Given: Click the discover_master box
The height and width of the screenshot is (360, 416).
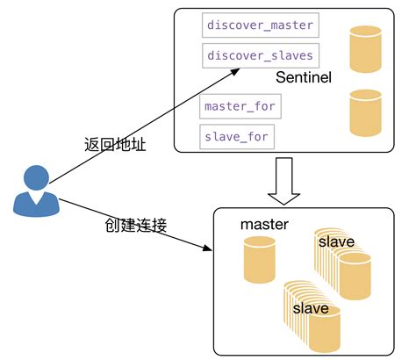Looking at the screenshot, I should coord(259,25).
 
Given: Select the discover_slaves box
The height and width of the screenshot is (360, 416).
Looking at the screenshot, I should coord(259,56).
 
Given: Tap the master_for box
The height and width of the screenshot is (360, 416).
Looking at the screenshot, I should coord(240,106).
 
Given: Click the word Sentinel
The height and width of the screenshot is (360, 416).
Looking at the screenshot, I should coord(303,78).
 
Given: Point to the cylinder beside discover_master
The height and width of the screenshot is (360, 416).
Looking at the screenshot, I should coord(365,49).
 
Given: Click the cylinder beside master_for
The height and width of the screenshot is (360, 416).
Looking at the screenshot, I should coord(365,112).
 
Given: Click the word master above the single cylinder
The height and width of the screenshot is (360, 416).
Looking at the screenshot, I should coord(264,225).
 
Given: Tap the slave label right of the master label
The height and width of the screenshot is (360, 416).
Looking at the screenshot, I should coord(336,241).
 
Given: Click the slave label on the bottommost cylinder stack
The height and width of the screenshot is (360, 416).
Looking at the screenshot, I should coord(311,308).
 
